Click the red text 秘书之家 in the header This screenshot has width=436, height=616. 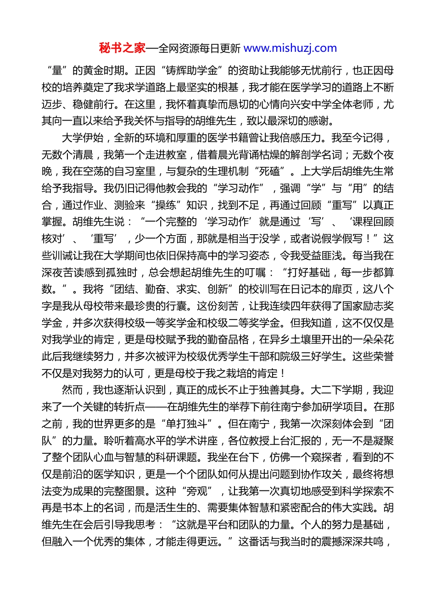[x=122, y=48]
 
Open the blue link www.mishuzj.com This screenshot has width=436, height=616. [x=290, y=48]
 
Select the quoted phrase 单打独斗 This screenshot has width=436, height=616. [x=191, y=424]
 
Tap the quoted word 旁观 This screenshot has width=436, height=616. [x=197, y=491]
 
